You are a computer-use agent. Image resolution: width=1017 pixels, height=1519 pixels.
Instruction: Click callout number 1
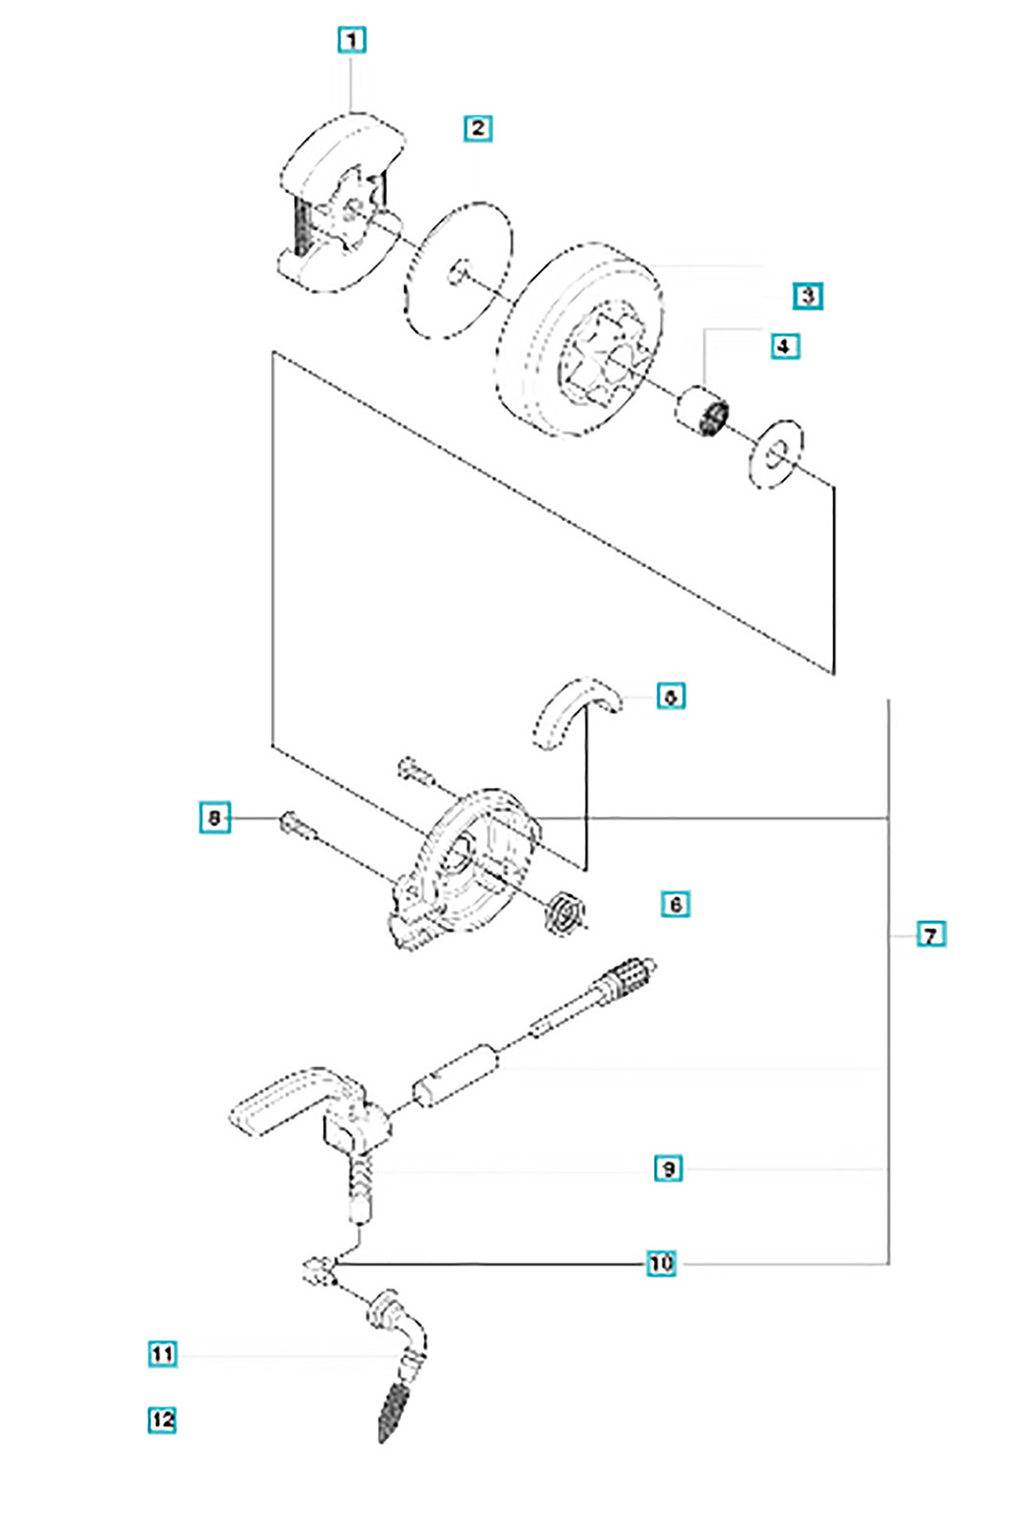click(x=352, y=40)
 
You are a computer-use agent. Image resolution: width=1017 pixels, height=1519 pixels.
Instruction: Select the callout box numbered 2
click(x=478, y=128)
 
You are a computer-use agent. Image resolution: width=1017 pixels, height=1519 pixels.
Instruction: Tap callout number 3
click(x=808, y=296)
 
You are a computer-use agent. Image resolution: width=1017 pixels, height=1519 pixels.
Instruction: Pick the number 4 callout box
click(x=784, y=345)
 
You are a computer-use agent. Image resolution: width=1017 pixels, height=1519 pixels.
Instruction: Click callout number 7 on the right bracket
click(x=930, y=934)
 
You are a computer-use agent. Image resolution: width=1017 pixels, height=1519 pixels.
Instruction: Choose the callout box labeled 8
click(x=215, y=818)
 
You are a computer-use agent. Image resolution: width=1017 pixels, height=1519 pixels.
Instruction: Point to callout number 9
click(x=668, y=1169)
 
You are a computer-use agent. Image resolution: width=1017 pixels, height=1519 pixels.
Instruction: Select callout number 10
click(x=661, y=1263)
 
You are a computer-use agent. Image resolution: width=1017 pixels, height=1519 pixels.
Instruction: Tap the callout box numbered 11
click(x=163, y=1354)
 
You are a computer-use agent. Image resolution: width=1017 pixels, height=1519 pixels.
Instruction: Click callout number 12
click(x=163, y=1419)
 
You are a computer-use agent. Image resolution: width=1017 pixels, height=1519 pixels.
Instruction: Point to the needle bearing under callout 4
click(x=702, y=412)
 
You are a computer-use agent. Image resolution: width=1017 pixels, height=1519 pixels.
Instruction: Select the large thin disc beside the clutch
click(x=459, y=270)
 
